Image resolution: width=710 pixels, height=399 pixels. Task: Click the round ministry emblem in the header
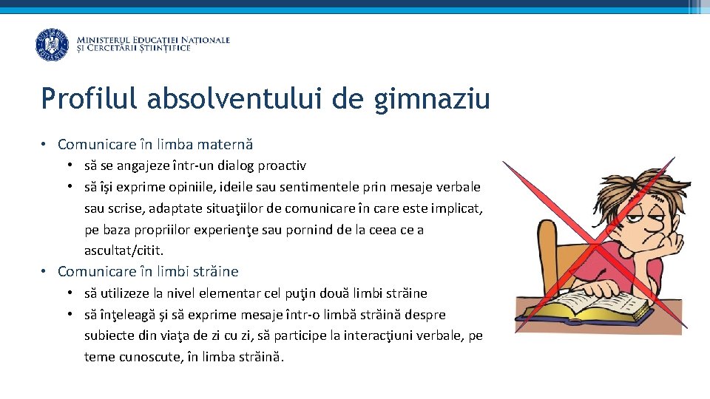[52, 44]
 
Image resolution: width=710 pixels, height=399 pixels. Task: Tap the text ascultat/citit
[124, 251]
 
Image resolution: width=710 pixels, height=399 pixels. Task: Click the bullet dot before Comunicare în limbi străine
[45, 272]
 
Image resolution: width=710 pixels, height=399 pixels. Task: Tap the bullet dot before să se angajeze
[70, 166]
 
